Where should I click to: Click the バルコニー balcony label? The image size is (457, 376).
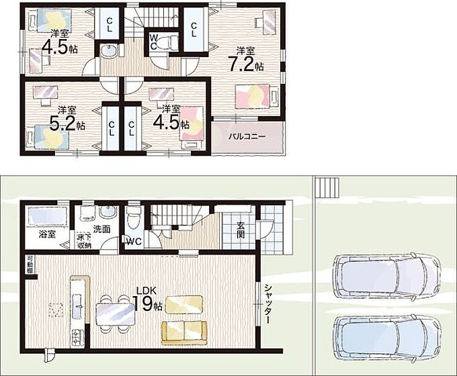(247, 136)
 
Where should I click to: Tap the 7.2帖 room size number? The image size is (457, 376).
(246, 65)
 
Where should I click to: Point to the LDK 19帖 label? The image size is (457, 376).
(147, 299)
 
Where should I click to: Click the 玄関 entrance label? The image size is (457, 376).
(241, 230)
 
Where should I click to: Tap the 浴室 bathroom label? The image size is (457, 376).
(47, 234)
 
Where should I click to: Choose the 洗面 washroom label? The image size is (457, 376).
(101, 229)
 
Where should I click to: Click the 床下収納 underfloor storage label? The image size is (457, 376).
(84, 240)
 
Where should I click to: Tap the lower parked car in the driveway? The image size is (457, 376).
(386, 338)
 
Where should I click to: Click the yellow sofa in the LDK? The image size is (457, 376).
(184, 332)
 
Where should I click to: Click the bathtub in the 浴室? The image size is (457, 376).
(47, 216)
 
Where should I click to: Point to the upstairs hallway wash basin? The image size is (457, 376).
(109, 52)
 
